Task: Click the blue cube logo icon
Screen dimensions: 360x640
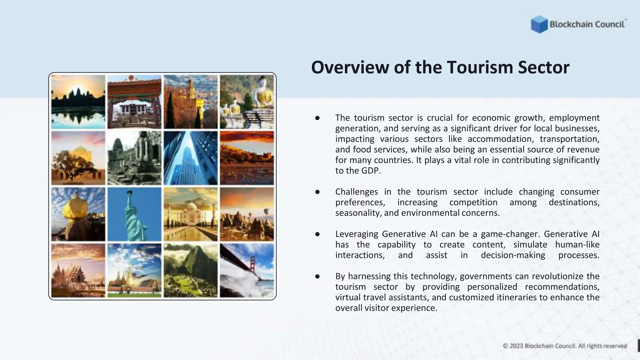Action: [x=539, y=24]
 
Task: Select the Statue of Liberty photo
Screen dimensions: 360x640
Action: [x=134, y=214]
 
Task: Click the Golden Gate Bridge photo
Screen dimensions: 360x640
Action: [x=247, y=271]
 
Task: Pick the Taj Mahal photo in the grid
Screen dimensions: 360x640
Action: [x=191, y=214]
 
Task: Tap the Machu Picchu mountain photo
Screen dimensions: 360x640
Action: [x=191, y=271]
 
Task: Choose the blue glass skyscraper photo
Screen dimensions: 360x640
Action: [x=191, y=158]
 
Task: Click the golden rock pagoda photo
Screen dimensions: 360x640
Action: [x=78, y=214]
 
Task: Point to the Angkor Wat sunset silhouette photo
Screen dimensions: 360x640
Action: [x=78, y=102]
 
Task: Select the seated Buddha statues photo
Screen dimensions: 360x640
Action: [x=247, y=102]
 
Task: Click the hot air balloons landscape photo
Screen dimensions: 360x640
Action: [x=247, y=214]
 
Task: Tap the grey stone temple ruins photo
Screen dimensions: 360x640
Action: [x=134, y=158]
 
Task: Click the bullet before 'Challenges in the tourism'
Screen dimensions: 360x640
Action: [x=317, y=192]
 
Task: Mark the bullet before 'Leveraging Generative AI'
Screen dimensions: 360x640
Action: [x=317, y=234]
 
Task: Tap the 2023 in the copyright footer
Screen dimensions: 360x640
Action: [x=516, y=346]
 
